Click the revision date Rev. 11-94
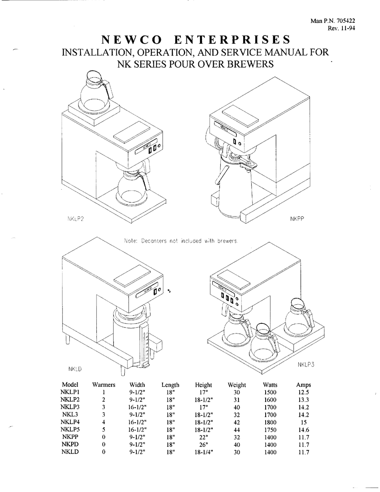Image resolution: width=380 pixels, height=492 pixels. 341,28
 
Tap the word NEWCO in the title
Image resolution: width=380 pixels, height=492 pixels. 132,40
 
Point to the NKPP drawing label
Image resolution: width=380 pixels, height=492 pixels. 297,219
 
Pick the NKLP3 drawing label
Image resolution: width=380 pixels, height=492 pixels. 306,365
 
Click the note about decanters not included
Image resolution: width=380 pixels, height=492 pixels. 181,241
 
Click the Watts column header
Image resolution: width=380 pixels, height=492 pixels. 270,385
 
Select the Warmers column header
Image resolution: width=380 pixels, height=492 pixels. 104,385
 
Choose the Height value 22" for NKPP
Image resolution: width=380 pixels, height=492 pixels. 203,437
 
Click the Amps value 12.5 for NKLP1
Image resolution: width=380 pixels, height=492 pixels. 304,392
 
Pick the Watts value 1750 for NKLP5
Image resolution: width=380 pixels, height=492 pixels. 270,430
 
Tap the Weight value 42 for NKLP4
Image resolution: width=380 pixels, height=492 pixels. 236,422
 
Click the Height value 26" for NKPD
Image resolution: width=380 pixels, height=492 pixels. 203,445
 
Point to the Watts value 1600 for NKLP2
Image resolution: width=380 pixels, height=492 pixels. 270,400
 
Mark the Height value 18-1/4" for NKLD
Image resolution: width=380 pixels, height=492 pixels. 203,452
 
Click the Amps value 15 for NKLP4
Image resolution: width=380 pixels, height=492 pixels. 304,422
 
